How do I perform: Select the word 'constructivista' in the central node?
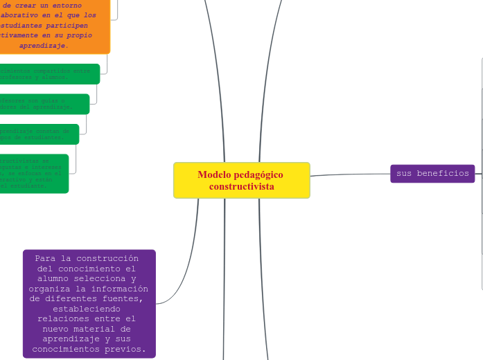point(241,187)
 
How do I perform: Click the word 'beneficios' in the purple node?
point(443,173)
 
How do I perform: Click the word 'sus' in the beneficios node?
point(404,173)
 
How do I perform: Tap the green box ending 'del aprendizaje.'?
point(43,104)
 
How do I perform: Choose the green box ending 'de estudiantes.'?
point(38,134)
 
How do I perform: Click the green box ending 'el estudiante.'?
point(33,173)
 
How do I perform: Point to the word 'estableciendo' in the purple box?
point(89,309)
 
